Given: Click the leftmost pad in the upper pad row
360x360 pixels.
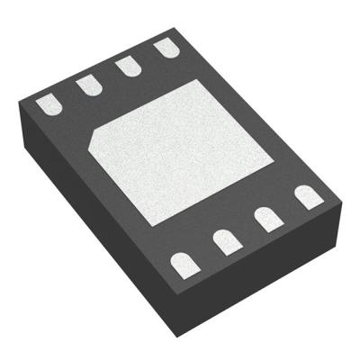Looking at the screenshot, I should point(48,106).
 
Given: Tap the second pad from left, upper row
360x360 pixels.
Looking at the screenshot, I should point(87,85).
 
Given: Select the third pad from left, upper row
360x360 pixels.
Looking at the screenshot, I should point(126,65).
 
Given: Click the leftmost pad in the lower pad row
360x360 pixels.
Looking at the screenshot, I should point(184,263).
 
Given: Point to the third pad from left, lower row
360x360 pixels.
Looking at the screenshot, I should point(267,217).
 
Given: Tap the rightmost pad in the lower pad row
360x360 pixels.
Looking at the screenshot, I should point(308,195).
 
